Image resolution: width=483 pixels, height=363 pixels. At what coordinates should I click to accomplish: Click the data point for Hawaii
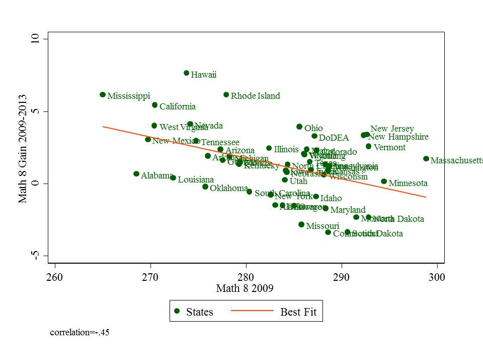tap(186, 73)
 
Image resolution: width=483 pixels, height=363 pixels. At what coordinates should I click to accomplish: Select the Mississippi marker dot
tap(103, 95)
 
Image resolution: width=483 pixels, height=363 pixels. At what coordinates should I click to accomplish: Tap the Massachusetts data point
tap(426, 159)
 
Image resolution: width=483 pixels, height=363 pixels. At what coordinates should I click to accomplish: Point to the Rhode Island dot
tap(226, 95)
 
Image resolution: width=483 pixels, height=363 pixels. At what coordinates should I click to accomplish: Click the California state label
tap(178, 106)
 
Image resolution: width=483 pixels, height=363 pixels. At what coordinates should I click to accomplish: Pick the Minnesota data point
tap(384, 181)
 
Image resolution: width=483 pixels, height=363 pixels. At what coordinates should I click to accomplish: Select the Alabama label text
tap(157, 175)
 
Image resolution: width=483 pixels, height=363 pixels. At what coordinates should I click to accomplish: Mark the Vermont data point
tap(368, 146)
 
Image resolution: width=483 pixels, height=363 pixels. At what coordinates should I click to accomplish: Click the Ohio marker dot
tap(299, 127)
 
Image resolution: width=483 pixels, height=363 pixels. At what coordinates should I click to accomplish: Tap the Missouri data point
tap(301, 224)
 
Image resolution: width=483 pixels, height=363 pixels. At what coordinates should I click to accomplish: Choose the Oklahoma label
tap(229, 188)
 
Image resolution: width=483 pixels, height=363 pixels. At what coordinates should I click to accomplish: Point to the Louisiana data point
tap(173, 177)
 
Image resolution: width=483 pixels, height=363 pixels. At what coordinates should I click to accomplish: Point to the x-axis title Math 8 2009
tap(245, 288)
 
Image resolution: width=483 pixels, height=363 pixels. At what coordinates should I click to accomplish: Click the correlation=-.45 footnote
tap(79, 332)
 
